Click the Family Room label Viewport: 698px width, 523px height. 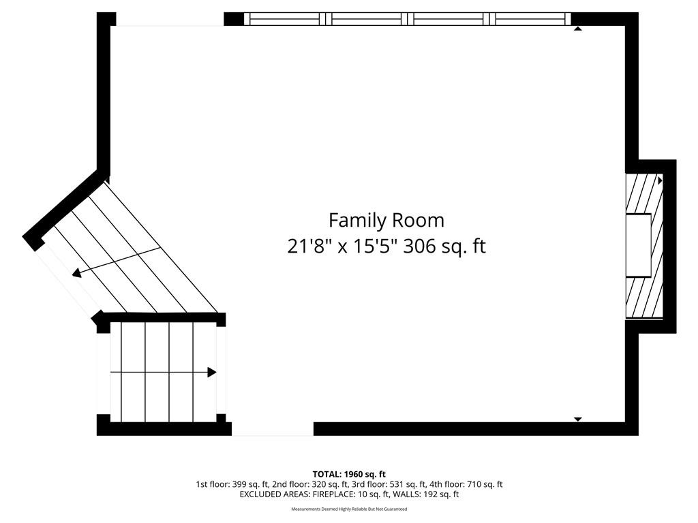coord(386,221)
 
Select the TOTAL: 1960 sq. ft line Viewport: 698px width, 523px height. coord(349,474)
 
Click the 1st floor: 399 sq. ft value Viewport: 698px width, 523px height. coord(232,484)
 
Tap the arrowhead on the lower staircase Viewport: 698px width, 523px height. coord(212,373)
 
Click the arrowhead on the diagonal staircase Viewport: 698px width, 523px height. coord(77,273)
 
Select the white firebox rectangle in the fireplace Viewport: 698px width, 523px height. coord(639,245)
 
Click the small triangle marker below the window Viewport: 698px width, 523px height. coord(578,29)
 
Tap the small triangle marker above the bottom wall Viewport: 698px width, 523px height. coord(578,419)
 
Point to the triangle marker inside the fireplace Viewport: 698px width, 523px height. coord(660,181)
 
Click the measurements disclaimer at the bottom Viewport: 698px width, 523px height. coord(349,509)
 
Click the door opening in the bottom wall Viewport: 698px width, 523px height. coord(273,429)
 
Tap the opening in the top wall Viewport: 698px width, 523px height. coord(170,19)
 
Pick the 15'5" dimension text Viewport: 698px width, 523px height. coord(374,247)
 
